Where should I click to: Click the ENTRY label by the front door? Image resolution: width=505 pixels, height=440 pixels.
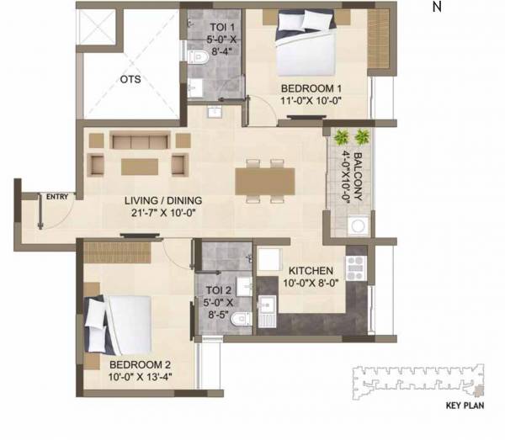(57, 198)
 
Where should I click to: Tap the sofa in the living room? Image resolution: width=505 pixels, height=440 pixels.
(140, 140)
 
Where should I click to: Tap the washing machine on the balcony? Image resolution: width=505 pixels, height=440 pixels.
(359, 225)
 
